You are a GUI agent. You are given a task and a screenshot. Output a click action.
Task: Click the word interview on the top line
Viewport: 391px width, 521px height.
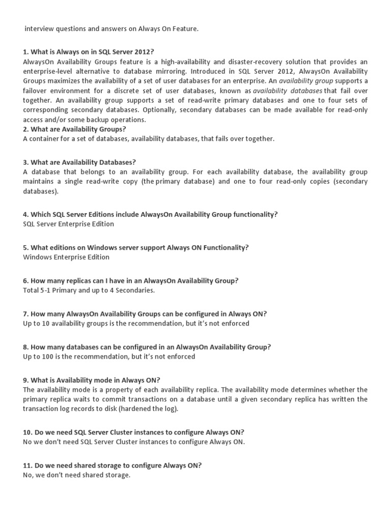pos(39,29)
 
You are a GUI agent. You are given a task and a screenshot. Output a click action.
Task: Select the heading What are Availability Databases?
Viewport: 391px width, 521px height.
pos(79,162)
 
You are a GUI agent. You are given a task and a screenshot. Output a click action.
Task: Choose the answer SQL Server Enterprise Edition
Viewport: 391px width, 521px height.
pos(69,224)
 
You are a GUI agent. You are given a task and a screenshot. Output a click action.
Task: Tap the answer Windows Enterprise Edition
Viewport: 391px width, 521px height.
pos(66,257)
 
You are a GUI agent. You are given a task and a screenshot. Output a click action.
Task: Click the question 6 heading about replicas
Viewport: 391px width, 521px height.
pos(131,281)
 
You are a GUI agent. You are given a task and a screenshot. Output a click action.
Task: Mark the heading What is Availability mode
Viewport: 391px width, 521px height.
pos(92,381)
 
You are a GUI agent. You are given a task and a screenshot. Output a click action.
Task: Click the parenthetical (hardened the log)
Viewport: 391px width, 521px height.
pos(151,409)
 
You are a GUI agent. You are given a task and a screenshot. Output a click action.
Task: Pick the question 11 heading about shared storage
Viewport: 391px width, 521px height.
pos(112,466)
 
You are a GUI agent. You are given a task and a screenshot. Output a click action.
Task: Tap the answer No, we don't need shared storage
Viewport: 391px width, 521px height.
pos(77,475)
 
